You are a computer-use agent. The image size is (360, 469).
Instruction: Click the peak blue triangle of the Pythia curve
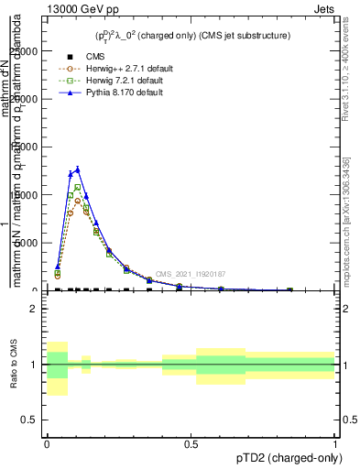point(78,169)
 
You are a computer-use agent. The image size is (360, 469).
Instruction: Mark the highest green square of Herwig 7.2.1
point(78,187)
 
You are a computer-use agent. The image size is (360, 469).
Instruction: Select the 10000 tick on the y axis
point(27,194)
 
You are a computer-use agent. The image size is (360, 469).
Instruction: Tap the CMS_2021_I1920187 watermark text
point(190,274)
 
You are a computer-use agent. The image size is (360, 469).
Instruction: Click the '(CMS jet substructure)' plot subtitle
point(237,36)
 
